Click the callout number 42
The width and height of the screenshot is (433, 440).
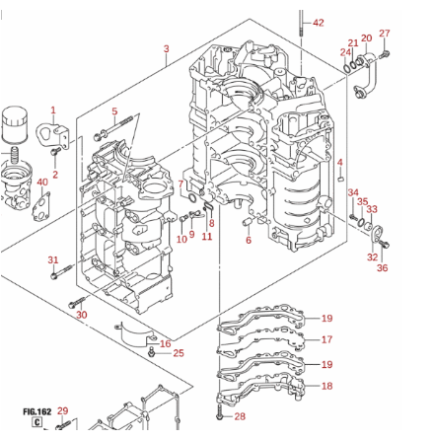(x=319, y=23)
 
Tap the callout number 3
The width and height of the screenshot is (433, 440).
(x=167, y=48)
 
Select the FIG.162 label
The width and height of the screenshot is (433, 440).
(x=37, y=411)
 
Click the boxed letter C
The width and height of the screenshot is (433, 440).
(x=37, y=422)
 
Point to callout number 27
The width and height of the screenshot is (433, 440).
(x=385, y=34)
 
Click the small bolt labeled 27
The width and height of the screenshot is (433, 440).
(x=385, y=55)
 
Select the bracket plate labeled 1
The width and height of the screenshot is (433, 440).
(x=53, y=136)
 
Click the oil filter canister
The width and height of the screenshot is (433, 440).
(x=15, y=124)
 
